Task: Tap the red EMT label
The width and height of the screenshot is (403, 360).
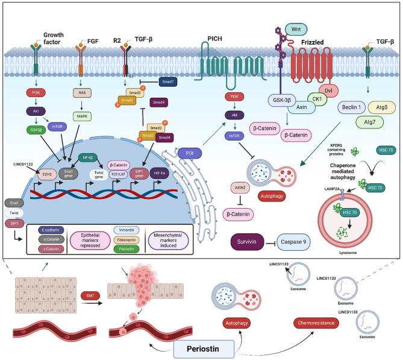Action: [x=87, y=295]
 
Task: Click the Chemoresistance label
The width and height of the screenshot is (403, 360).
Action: [x=317, y=324]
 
